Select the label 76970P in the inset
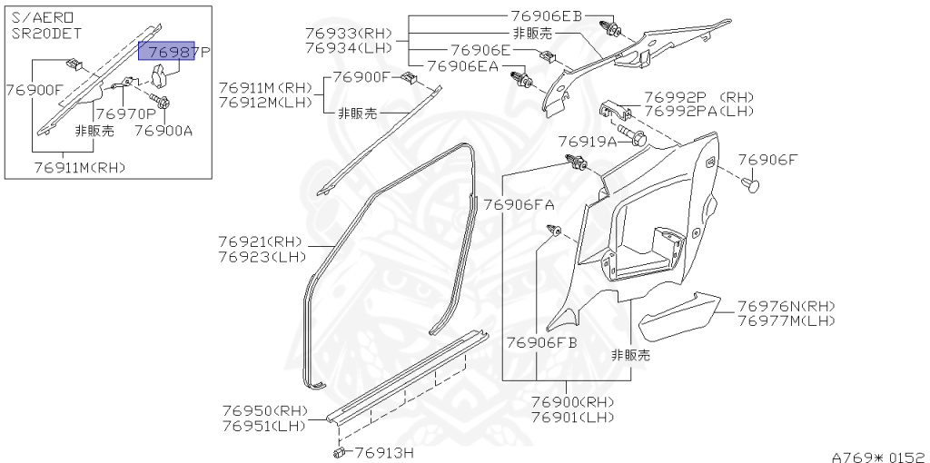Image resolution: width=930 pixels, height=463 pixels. pyautogui.click(x=125, y=114)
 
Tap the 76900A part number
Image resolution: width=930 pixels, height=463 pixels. pyautogui.click(x=164, y=131)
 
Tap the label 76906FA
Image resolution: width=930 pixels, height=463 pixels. pyautogui.click(x=519, y=204)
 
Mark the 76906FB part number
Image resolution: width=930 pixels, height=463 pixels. pyautogui.click(x=542, y=342)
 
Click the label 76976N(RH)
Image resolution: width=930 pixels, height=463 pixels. pyautogui.click(x=787, y=306)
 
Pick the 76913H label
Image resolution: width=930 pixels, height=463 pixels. pyautogui.click(x=384, y=452)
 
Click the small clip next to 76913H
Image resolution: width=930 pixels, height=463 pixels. pyautogui.click(x=339, y=450)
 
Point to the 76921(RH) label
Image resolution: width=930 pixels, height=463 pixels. pyautogui.click(x=260, y=241)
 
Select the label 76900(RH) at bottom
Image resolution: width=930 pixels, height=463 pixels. pyautogui.click(x=572, y=402)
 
